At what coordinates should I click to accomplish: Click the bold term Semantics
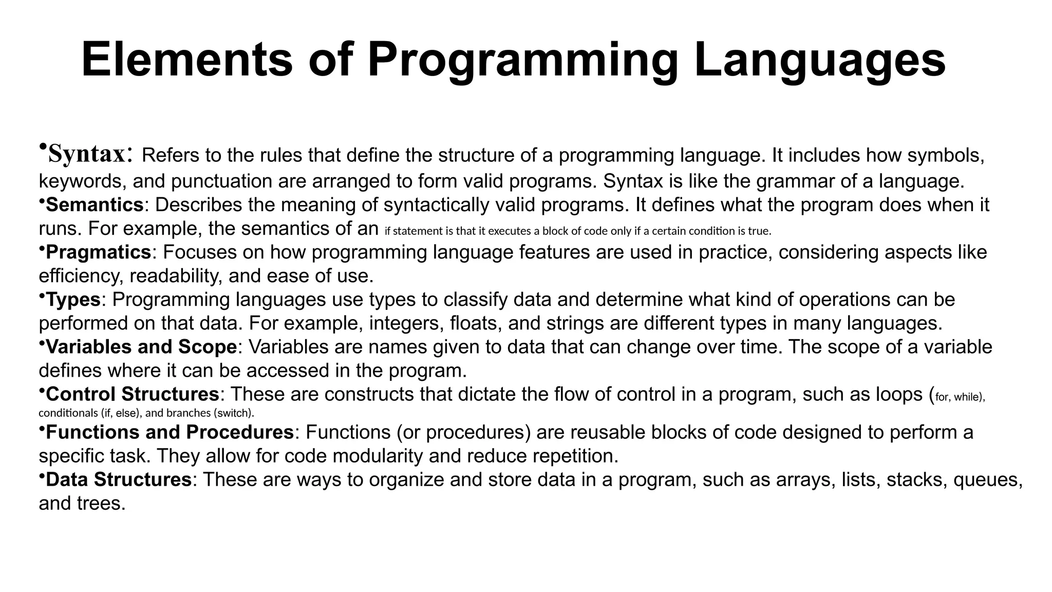pos(95,205)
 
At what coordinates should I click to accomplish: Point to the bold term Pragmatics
pos(99,252)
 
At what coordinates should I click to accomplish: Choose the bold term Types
pos(73,300)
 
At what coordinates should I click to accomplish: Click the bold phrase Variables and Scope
pos(141,347)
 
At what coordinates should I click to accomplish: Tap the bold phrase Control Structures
pos(133,394)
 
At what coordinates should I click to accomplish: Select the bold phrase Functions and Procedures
pos(170,432)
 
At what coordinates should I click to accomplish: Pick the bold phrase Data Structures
pos(119,479)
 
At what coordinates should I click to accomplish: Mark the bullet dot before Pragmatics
pos(42,248)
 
